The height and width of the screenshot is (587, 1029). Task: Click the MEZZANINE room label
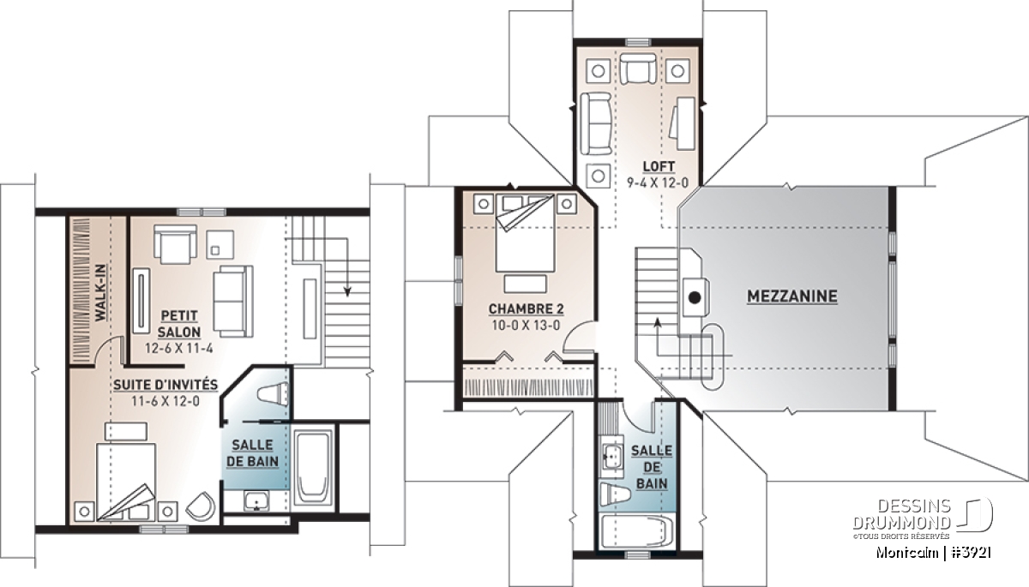click(x=792, y=296)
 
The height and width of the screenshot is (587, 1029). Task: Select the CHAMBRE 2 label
click(x=526, y=308)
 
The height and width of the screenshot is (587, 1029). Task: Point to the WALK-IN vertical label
click(x=100, y=292)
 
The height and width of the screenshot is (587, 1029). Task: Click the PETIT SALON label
click(x=179, y=324)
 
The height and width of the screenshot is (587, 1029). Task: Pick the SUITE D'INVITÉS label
click(x=165, y=385)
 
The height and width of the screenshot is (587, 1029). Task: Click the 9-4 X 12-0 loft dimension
click(x=658, y=183)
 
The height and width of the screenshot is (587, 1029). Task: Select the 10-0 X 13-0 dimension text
click(x=526, y=326)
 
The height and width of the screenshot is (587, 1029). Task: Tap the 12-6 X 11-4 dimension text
click(x=179, y=349)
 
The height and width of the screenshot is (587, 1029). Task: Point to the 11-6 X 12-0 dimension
click(x=165, y=402)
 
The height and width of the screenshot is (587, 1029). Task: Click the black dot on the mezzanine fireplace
click(x=695, y=298)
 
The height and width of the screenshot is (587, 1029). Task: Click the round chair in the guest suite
click(x=201, y=506)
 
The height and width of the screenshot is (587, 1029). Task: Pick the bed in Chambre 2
click(x=525, y=232)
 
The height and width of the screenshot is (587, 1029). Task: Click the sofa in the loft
click(x=596, y=123)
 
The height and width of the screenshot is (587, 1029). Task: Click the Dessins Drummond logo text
click(x=902, y=514)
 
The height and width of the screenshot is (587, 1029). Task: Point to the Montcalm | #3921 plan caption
click(x=933, y=553)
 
